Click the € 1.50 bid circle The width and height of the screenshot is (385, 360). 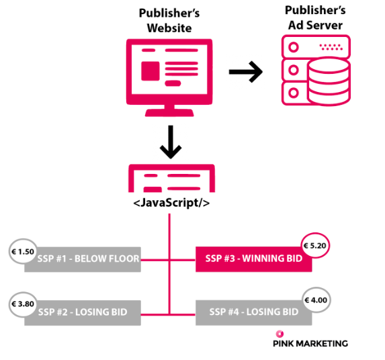pos(23,252)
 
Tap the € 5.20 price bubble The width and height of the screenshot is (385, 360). pos(315,245)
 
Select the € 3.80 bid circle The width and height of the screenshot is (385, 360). pos(23,304)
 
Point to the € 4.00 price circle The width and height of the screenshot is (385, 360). pos(316,300)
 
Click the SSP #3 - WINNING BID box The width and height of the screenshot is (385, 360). pos(253,259)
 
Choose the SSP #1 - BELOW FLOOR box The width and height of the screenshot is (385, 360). pos(83,259)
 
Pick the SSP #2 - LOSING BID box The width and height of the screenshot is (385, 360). pos(83,313)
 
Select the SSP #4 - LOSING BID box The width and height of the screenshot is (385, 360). pos(253,312)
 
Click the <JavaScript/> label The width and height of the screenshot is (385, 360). pos(171,203)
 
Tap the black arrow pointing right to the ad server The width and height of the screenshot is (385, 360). pos(245,72)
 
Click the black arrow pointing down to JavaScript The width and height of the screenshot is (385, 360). pos(171,142)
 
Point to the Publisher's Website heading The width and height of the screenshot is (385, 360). pos(169,20)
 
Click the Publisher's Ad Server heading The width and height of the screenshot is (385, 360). pos(315,17)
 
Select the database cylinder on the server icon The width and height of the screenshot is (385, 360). pos(329,81)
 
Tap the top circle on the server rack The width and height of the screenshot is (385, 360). pos(294,47)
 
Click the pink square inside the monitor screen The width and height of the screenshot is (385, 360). pos(151,71)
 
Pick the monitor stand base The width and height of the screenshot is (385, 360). pos(169,113)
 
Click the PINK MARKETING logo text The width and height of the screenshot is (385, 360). pos(310,344)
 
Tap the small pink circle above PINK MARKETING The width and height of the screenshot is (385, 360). pos(280,334)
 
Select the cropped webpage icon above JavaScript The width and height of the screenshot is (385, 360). pos(171,178)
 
